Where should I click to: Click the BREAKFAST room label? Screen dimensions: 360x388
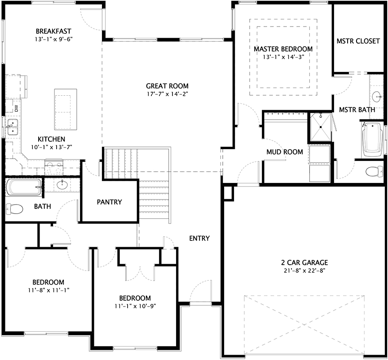point(53,31)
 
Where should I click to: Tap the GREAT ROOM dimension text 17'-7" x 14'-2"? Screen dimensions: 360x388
point(167,94)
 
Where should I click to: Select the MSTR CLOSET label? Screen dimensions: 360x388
point(358,41)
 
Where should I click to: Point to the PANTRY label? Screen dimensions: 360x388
point(109,202)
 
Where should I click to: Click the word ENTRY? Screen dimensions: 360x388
point(199,238)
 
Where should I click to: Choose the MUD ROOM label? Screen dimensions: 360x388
point(285,152)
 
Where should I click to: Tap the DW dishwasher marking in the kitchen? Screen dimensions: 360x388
point(16,108)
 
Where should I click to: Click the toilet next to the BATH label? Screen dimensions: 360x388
point(15,209)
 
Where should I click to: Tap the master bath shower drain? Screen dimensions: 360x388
point(321,127)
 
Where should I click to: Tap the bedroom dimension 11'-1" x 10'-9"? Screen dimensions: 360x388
point(135,306)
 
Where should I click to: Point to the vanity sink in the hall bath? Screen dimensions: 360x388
point(62,185)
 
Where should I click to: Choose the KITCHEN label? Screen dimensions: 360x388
point(51,139)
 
